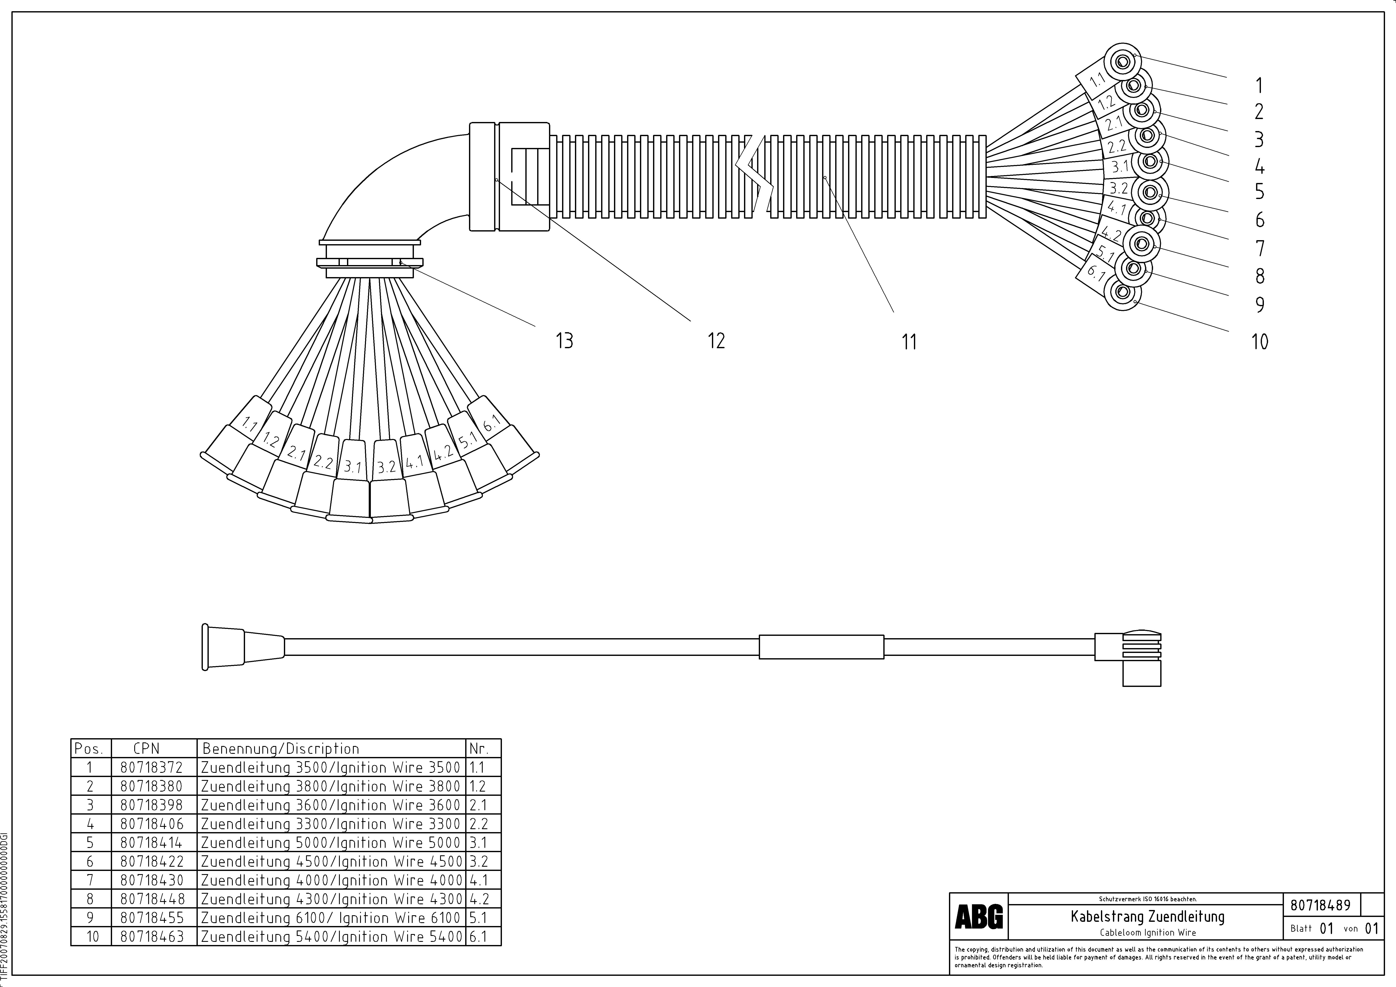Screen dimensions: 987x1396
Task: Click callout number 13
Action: pos(564,340)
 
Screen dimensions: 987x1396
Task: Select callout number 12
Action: pos(716,340)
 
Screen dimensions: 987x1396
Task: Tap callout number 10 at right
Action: pos(1259,342)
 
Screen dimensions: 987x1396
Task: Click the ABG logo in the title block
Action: pos(978,917)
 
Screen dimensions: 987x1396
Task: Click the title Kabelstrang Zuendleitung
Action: pos(1147,916)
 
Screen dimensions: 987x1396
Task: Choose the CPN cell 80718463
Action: pos(151,937)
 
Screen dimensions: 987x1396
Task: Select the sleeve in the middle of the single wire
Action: pos(821,647)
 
